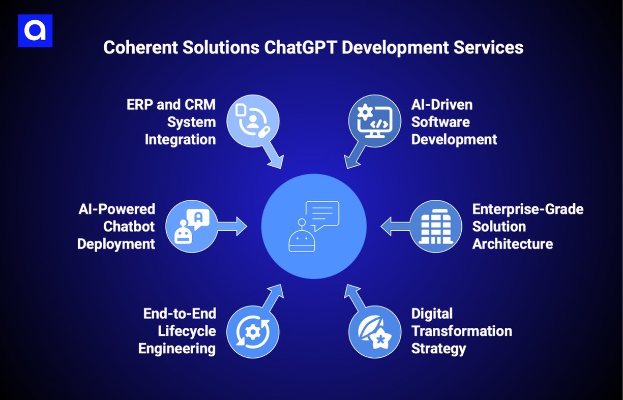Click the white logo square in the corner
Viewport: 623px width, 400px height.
[35, 31]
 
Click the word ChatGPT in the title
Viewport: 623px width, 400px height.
[303, 47]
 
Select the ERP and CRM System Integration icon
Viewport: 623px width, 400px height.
[252, 121]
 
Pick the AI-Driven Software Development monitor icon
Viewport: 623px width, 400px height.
[374, 121]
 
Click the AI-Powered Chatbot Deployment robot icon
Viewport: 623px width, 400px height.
[192, 226]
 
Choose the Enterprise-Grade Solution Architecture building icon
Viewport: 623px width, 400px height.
[435, 226]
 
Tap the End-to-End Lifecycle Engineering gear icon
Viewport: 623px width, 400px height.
[252, 331]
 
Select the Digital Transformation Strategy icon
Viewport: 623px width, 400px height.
[374, 331]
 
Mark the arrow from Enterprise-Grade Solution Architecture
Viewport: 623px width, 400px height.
[395, 226]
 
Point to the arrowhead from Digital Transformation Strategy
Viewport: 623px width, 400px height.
[350, 291]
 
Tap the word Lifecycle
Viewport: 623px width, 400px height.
[187, 331]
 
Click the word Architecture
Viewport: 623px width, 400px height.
[512, 244]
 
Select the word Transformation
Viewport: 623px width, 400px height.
[461, 331]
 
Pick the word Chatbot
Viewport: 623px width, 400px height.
[129, 226]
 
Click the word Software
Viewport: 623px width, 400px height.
[440, 122]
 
